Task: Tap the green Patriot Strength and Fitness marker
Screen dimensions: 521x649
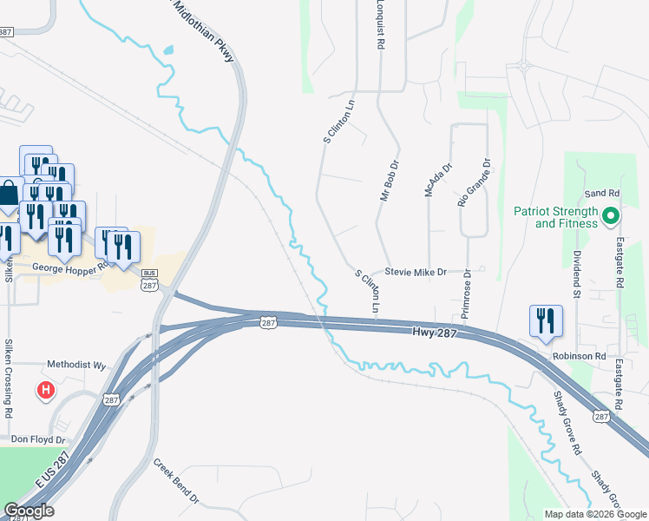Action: (x=610, y=214)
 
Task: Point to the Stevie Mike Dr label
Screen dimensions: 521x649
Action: (x=416, y=272)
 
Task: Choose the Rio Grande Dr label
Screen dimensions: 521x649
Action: (x=474, y=181)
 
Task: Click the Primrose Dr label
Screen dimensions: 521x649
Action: (x=466, y=293)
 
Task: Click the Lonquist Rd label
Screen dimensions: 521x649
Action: (x=379, y=23)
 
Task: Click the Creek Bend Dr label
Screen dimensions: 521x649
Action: (x=176, y=482)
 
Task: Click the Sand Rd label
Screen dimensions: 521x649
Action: (x=602, y=193)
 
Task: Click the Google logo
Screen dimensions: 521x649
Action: (x=29, y=510)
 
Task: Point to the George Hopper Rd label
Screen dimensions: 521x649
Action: (x=69, y=269)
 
